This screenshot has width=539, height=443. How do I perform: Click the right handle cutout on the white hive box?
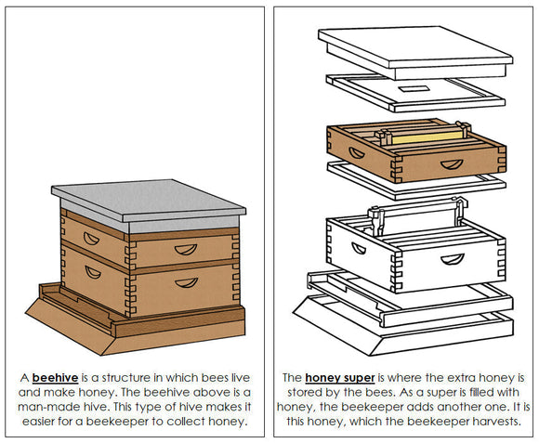pyautogui.click(x=452, y=259)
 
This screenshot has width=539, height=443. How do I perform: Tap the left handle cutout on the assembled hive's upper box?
pyautogui.click(x=91, y=238)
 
